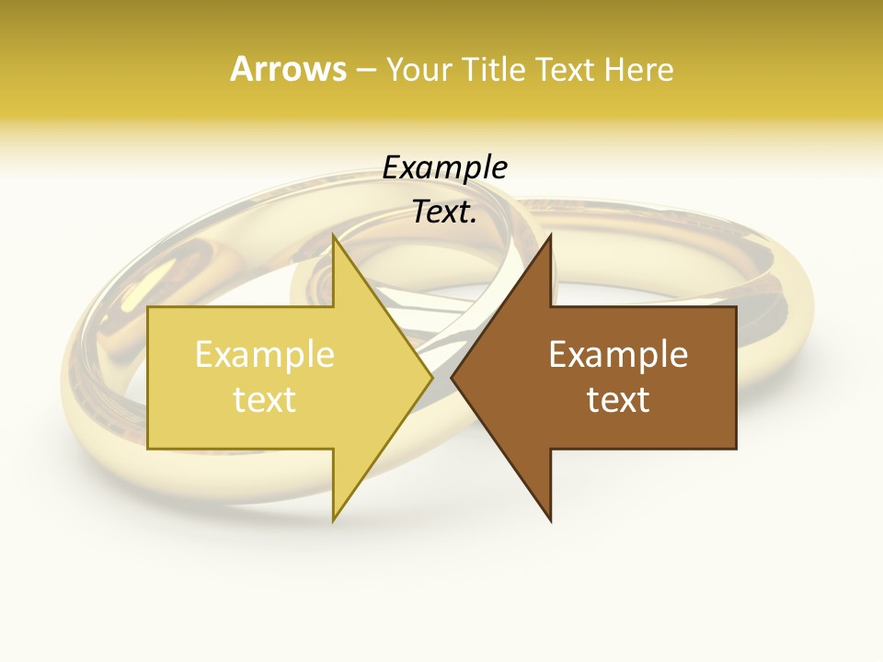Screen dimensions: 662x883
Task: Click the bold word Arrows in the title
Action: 288,69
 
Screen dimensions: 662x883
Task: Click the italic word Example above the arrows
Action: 444,168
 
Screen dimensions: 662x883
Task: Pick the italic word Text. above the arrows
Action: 444,212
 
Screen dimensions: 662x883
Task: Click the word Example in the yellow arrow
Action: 265,354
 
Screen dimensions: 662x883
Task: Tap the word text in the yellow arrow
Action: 265,399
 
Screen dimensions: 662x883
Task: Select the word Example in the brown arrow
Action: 618,354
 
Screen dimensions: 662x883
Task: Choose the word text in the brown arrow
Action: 618,399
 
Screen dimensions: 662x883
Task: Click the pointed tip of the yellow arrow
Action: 432,377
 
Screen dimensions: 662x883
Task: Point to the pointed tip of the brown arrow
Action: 452,377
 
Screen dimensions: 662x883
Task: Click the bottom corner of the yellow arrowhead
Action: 333,521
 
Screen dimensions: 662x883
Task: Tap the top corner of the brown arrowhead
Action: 551,234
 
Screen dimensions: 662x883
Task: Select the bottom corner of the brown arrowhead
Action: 551,521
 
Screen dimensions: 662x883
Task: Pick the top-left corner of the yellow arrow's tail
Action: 148,307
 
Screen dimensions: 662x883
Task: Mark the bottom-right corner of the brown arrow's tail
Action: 736,449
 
